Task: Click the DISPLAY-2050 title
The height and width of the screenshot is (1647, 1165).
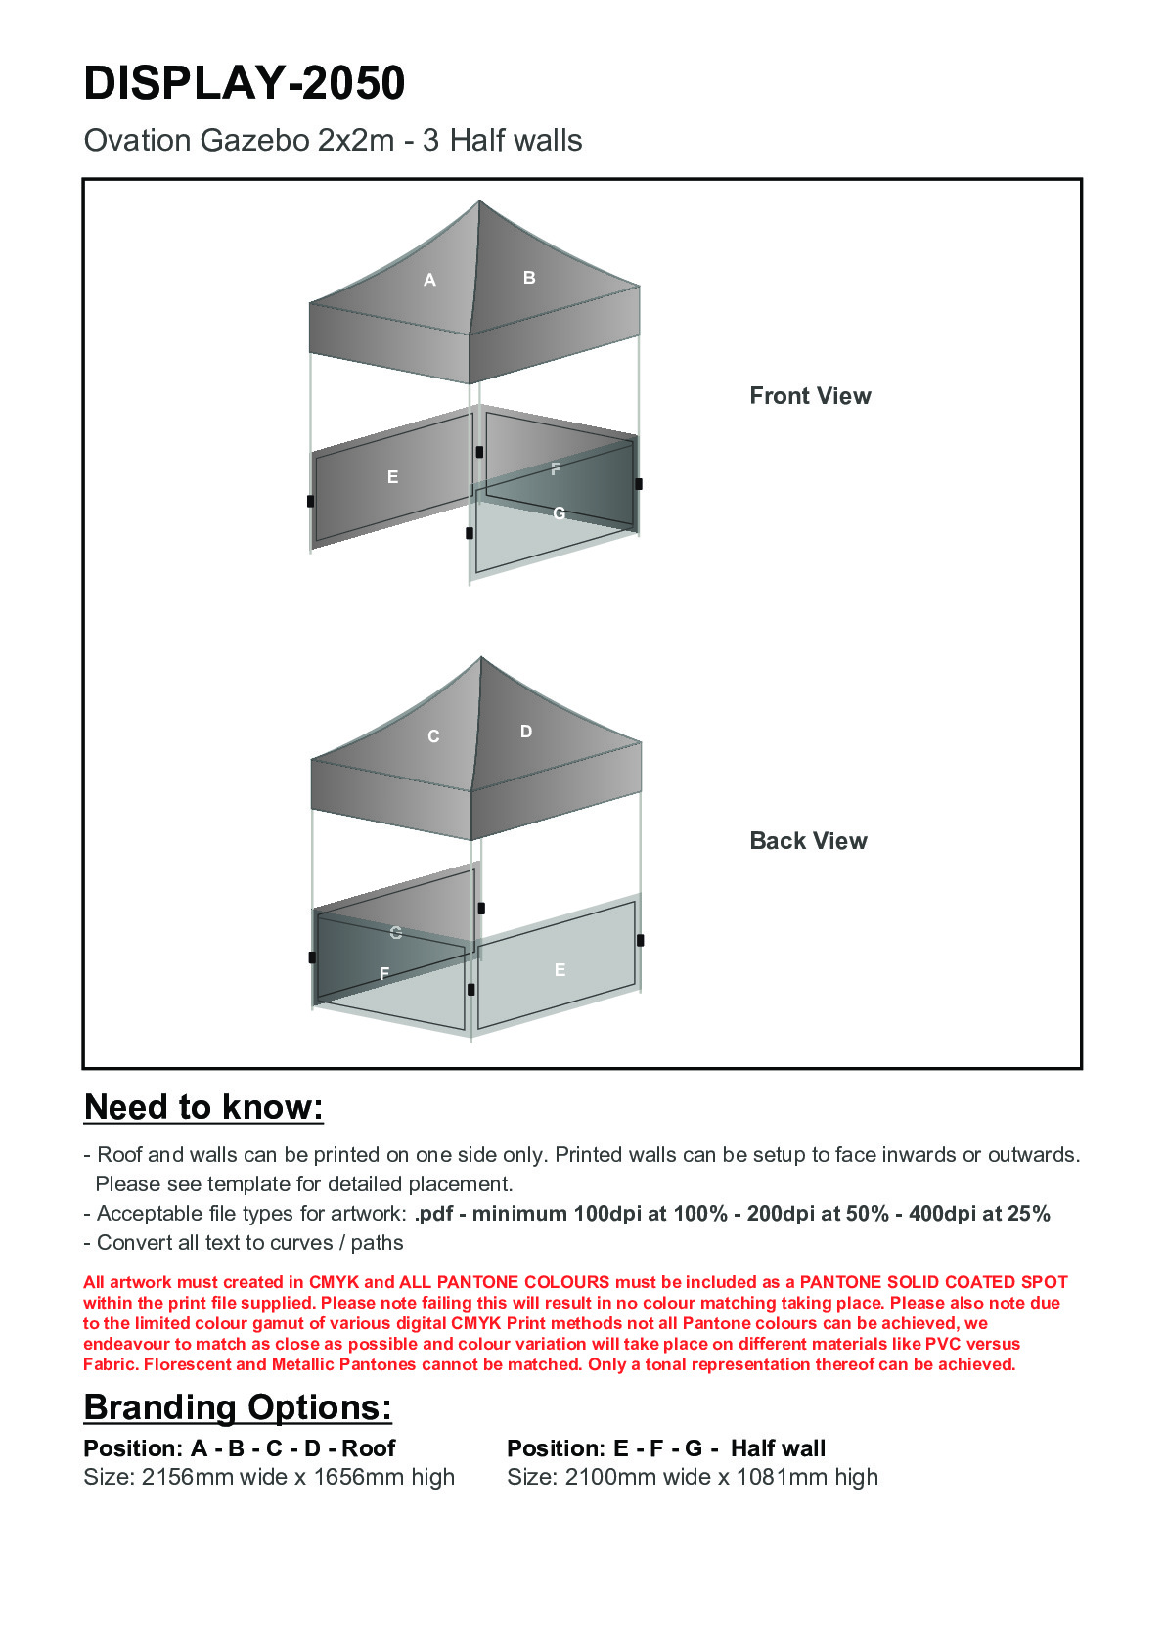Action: (245, 83)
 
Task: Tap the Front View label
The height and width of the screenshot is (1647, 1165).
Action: (810, 396)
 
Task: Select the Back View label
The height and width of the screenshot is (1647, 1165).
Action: (808, 841)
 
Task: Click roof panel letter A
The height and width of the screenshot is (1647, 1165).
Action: (429, 281)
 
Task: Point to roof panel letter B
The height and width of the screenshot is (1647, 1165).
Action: (529, 278)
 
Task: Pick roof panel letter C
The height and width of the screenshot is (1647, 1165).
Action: (433, 736)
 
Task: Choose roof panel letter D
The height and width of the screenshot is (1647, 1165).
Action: (526, 732)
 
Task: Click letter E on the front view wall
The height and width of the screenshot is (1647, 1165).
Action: (392, 477)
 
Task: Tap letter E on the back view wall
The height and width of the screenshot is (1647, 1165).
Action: (560, 970)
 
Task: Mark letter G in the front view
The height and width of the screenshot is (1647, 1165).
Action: (559, 512)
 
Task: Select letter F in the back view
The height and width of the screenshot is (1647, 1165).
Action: (384, 973)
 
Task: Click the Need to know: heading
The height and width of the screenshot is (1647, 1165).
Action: (203, 1107)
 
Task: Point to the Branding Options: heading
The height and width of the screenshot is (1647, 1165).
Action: (238, 1407)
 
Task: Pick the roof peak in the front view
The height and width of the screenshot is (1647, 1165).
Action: (479, 202)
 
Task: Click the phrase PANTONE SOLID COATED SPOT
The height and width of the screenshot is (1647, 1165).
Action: (933, 1282)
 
